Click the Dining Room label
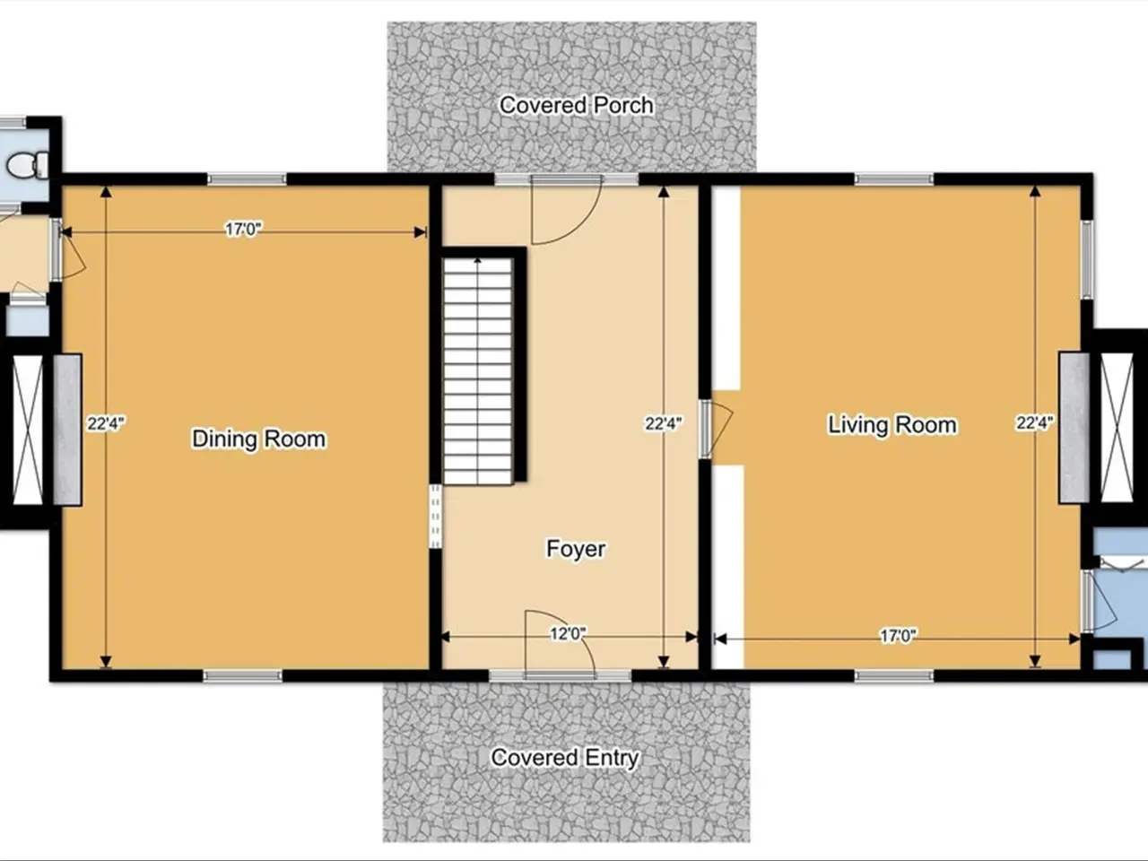pos(259,439)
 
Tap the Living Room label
pos(892,424)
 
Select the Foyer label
pos(576,548)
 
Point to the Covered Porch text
pos(577,105)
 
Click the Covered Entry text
pos(565,758)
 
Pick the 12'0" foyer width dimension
pos(568,633)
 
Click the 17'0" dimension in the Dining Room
pos(243,229)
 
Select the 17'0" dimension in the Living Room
pos(898,636)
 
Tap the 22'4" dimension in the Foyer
pos(663,423)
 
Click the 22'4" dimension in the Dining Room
pos(106,423)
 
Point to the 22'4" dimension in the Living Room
pos(1034,422)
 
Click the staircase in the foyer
pos(478,370)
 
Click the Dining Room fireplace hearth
pos(67,430)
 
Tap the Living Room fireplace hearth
pos(1074,428)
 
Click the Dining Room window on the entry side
pos(242,676)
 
